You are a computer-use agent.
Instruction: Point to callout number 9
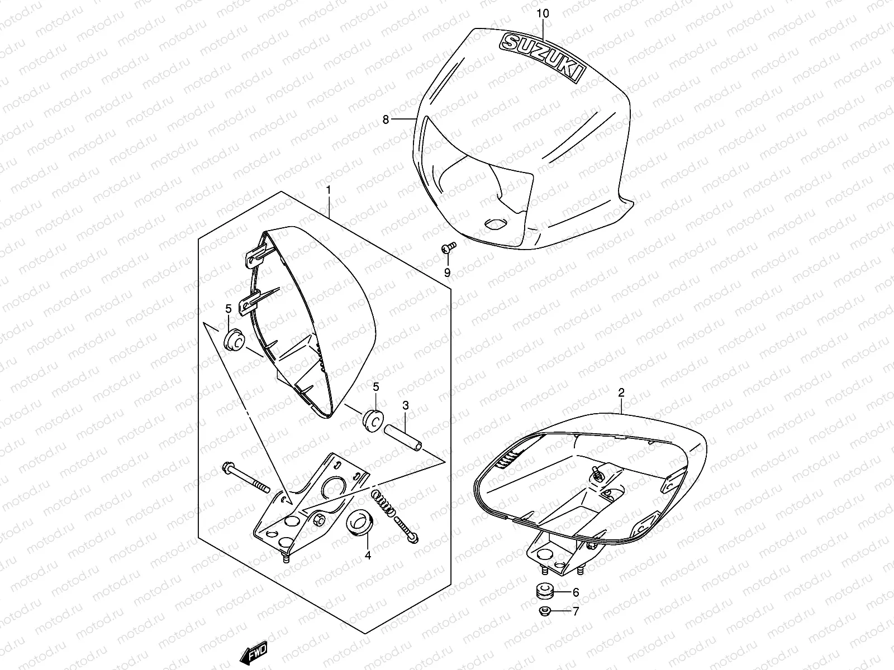click(447, 272)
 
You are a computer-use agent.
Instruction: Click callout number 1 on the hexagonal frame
click(329, 190)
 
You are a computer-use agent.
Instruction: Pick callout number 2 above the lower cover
click(621, 393)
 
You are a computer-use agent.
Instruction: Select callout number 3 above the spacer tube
click(406, 404)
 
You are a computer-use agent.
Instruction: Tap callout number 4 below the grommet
click(367, 556)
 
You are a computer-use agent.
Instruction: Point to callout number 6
click(576, 592)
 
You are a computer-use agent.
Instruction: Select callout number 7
click(576, 611)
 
